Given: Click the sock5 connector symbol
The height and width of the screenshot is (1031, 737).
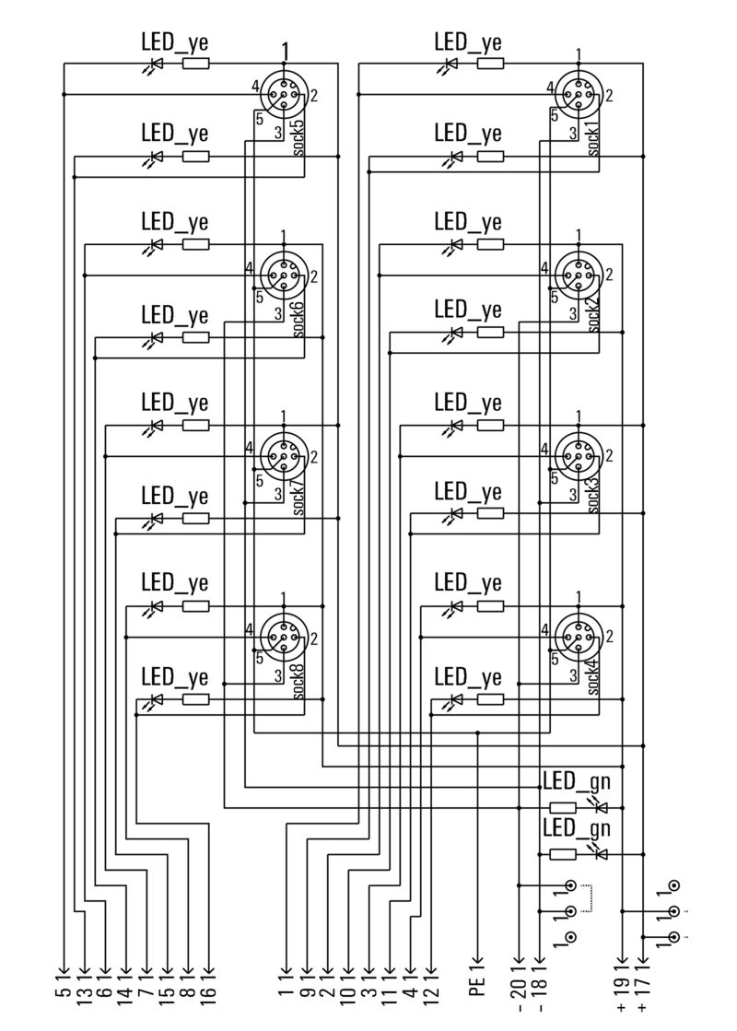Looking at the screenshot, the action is (284, 95).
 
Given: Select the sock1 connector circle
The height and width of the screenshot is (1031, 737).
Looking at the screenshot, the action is (579, 95).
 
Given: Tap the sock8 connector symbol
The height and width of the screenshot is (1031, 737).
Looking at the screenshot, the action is (284, 637).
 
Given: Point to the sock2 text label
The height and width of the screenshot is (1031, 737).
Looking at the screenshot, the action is (593, 313).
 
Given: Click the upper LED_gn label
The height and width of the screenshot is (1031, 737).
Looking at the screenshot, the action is (577, 781).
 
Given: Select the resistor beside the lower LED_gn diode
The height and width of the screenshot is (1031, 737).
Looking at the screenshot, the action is (563, 854).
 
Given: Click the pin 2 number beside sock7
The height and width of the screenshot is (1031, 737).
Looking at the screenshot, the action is (314, 456).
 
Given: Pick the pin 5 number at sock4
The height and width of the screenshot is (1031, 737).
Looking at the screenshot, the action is (555, 659).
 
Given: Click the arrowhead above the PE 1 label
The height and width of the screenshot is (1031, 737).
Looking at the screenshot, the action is (478, 961).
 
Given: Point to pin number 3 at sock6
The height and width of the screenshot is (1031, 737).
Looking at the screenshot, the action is (278, 313).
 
